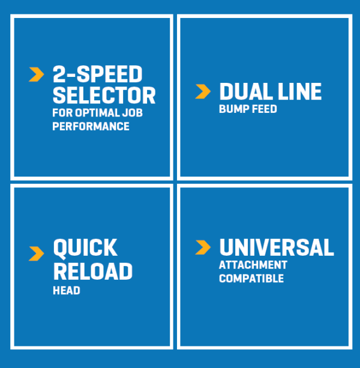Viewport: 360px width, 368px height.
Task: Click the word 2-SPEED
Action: [98, 74]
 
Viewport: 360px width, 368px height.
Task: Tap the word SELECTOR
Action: [104, 95]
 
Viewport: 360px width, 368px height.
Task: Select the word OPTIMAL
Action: [97, 113]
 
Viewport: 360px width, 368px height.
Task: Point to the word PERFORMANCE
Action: [91, 126]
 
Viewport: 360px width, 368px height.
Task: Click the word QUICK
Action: [85, 248]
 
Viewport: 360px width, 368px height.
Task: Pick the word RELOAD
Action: [93, 271]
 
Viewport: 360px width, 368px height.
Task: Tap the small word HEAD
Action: [67, 291]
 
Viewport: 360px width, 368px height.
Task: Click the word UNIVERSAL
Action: [277, 247]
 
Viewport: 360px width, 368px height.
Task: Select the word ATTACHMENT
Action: [253, 265]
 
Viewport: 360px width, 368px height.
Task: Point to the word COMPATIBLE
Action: [251, 279]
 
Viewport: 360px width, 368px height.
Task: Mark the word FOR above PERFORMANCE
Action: [62, 113]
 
